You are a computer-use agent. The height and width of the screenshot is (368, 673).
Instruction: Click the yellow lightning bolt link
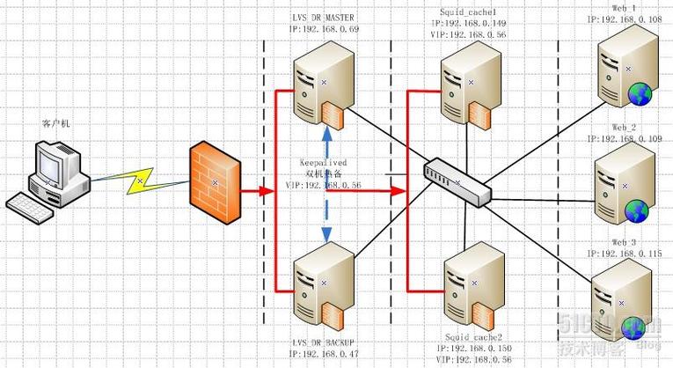(139, 180)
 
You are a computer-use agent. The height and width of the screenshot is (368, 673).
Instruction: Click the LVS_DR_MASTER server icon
(323, 84)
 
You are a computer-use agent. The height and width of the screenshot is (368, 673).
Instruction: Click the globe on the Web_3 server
(635, 328)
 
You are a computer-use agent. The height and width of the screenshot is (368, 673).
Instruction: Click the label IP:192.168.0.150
(475, 350)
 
